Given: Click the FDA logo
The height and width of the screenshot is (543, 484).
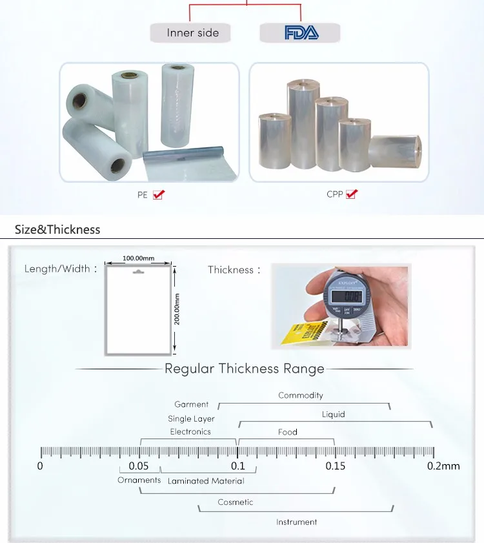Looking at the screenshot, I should [x=301, y=33].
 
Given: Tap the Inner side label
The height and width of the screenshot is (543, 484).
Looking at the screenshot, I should [x=192, y=33].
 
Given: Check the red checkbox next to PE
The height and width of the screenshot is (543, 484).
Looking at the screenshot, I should [x=158, y=194].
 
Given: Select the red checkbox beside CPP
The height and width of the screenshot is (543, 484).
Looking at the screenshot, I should [x=352, y=194].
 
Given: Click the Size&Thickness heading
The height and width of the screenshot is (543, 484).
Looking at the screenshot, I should [x=57, y=229].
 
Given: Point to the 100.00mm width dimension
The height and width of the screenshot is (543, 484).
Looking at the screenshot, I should [x=139, y=258].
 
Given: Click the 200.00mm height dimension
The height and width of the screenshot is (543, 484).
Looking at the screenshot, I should [x=177, y=309].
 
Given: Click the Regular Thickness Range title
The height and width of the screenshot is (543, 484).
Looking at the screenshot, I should [x=245, y=369].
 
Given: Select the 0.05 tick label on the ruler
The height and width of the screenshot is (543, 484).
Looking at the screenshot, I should [x=139, y=466].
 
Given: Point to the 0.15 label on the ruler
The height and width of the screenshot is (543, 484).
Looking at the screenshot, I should [x=335, y=466].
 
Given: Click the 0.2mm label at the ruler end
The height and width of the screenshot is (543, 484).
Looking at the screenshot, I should [x=443, y=466].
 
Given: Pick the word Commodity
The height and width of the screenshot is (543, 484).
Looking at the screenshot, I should [x=301, y=395].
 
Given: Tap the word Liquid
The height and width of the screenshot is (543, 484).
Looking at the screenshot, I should [x=334, y=415].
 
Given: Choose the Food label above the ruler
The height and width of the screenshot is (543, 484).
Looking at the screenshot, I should [x=288, y=432].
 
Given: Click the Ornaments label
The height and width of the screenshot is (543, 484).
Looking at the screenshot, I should [x=139, y=480].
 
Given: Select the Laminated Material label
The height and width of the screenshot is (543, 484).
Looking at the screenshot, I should [x=206, y=481].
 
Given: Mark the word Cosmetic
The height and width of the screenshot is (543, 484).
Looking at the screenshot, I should [x=236, y=502].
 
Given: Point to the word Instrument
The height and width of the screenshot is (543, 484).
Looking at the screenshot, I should [x=297, y=522].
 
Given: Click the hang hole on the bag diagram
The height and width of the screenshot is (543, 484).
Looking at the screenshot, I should [x=139, y=272].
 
